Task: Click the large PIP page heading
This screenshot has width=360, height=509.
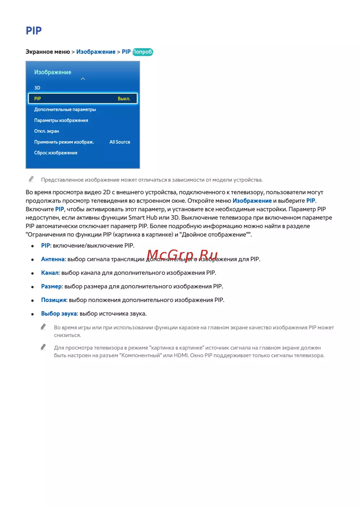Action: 34,31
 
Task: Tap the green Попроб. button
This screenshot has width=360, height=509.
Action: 143,52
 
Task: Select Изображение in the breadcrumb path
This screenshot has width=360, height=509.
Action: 96,52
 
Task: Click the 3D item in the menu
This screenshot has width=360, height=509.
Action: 37,88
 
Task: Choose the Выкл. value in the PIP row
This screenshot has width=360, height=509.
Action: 124,99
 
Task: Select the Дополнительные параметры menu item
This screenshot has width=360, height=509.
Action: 65,109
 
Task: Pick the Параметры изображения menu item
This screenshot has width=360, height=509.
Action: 61,120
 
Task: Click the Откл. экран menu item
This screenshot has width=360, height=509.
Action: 46,131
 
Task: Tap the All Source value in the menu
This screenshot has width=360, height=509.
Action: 120,142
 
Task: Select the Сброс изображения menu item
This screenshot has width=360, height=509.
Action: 56,153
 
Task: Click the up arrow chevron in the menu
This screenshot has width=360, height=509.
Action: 83,79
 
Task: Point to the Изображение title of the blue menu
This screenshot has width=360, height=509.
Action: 53,72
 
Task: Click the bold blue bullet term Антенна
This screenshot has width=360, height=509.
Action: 53,259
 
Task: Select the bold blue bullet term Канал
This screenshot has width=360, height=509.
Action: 50,273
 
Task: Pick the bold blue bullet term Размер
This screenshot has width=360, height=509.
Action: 51,287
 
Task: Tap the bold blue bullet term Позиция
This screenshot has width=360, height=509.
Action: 54,300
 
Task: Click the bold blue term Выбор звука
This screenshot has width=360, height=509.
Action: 59,314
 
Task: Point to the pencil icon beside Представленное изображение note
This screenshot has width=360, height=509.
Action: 31,179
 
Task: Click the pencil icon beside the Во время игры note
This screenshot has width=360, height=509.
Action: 43,326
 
